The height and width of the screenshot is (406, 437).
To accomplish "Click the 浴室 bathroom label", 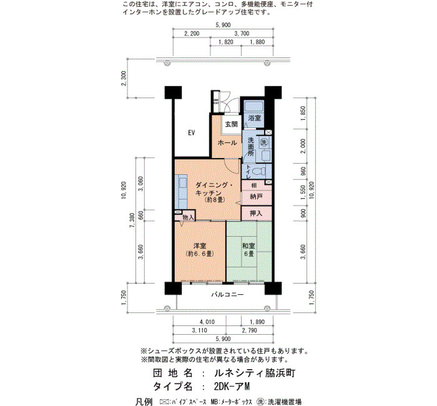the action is coord(255,117).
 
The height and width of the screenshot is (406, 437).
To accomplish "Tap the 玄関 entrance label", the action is coord(232,124).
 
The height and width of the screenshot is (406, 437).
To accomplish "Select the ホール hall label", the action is coord(227,143).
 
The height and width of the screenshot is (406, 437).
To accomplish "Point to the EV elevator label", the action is coord(192,132).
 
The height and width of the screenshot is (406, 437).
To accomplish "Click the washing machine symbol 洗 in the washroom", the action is coord(263,142).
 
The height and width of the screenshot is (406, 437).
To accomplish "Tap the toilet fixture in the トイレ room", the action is coord(260,171).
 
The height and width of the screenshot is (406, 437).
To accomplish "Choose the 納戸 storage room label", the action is coord(256,197).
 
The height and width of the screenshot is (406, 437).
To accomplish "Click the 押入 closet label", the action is coord(256,214).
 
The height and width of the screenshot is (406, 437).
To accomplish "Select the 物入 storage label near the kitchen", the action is coord(188,217).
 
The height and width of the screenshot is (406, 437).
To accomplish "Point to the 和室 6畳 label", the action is coord(248,250).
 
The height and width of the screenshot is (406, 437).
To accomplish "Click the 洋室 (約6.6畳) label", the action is coord(200,250).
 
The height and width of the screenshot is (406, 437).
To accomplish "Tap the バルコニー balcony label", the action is coord(227,294).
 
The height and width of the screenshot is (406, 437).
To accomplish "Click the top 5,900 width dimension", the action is coord(223,25).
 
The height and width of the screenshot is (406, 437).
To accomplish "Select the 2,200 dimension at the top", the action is coord(192,34).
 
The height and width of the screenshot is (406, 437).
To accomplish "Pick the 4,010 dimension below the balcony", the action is coord(207,322).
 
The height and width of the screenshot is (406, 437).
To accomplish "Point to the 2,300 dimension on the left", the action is coord(124,78).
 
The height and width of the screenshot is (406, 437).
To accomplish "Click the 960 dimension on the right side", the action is coord(303,171).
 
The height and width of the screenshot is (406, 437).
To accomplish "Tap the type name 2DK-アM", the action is coord(232,386).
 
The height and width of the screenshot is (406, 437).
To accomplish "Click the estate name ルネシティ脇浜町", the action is coord(255,373).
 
